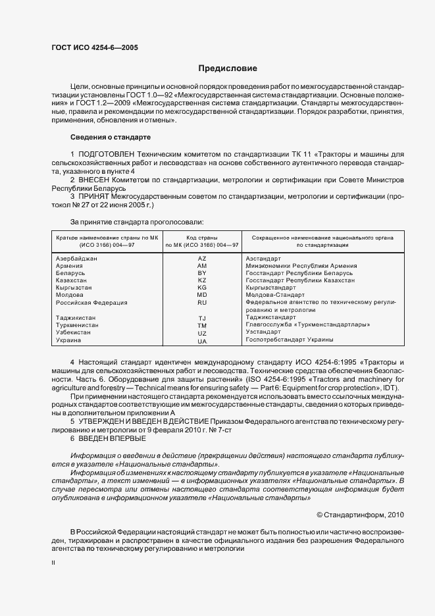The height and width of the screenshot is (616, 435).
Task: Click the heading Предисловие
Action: pos(228,68)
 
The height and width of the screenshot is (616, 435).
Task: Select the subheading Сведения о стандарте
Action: pos(111,137)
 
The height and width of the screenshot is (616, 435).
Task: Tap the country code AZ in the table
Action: pos(202,258)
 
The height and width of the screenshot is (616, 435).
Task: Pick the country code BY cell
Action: pos(202,272)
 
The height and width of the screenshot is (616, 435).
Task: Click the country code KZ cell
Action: pos(202,280)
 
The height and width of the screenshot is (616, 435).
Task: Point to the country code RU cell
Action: pos(202,303)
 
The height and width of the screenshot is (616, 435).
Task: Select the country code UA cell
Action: pos(202,341)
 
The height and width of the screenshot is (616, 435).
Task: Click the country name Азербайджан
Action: pos(77,258)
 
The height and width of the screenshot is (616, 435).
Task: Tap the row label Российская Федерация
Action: pos(91,303)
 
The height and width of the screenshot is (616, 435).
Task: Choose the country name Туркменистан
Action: pos(78,325)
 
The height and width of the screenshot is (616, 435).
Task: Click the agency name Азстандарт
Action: pos(263,258)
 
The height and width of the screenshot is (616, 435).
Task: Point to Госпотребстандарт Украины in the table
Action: pos(289,340)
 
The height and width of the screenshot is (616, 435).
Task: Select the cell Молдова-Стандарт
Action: pos(271,295)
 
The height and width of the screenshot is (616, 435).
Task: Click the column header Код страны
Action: pos(202,236)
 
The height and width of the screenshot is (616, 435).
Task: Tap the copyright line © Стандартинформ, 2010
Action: pos(361,515)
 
